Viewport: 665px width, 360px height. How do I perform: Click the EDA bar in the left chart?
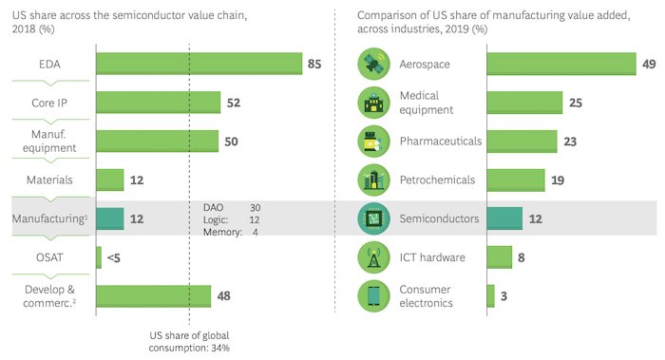(x=199, y=64)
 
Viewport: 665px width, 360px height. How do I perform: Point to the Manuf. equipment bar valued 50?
(x=157, y=141)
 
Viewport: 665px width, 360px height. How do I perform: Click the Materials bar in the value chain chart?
(x=110, y=180)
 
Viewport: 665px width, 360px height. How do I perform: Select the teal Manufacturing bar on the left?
(x=110, y=218)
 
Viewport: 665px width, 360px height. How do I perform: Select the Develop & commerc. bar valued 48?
(x=153, y=295)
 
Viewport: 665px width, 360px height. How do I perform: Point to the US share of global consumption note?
(x=190, y=342)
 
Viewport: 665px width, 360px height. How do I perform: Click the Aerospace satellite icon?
(x=370, y=64)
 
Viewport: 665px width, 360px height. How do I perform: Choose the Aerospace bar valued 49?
(x=560, y=64)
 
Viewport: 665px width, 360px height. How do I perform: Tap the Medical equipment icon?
(x=370, y=103)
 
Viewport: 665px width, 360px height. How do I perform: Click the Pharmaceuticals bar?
(x=522, y=141)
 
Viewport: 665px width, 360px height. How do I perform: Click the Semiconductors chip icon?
(x=370, y=218)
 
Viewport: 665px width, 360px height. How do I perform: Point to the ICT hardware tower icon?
(x=370, y=256)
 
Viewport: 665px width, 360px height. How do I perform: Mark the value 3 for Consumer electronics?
(x=503, y=295)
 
